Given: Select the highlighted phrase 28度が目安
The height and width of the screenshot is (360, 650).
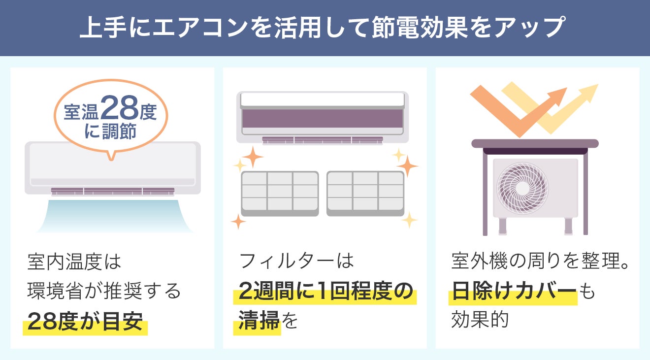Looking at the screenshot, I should point(85,322).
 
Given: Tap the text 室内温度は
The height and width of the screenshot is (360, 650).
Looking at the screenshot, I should point(74,261).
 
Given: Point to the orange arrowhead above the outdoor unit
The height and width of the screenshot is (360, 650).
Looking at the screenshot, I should point(559,95).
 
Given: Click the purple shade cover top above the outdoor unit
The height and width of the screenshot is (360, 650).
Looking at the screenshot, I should point(535,143).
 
